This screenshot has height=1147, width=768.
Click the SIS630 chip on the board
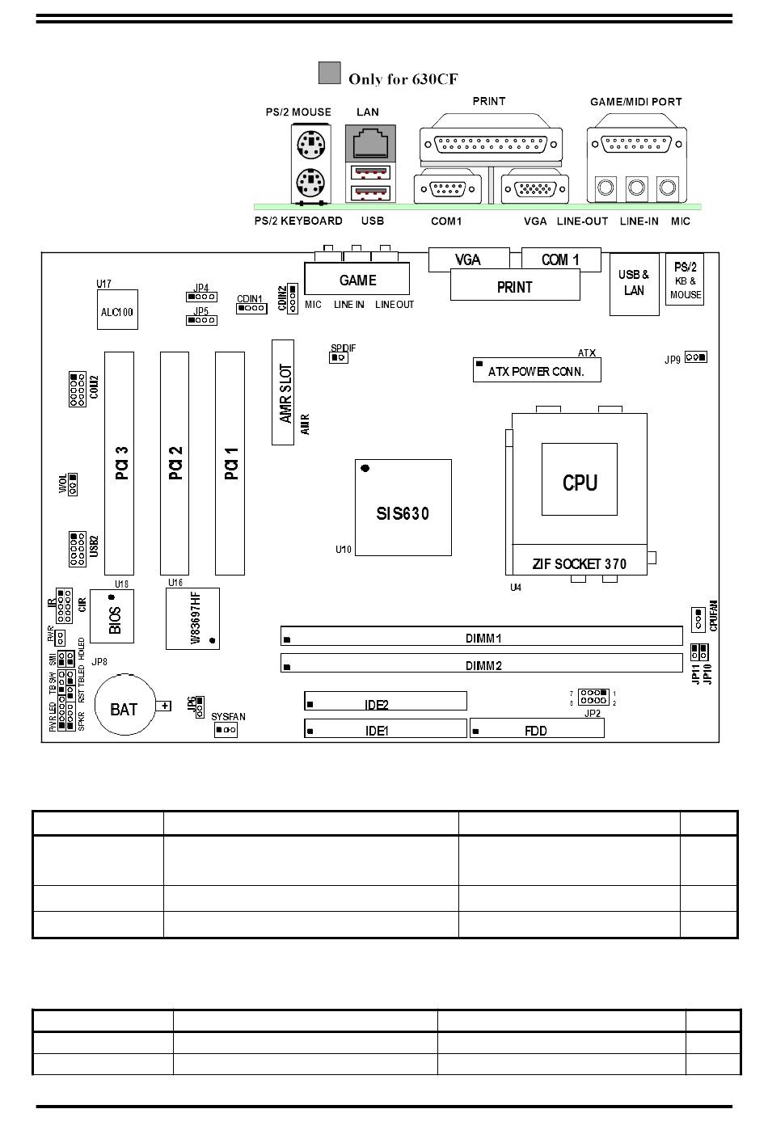(403, 508)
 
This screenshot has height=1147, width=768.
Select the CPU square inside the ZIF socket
(580, 479)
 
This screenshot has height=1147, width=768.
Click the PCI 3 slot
(120, 462)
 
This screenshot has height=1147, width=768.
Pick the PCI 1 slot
(230, 462)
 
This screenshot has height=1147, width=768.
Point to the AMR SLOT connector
(283, 392)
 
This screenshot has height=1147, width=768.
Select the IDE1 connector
(386, 728)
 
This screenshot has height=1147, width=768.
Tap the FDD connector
(537, 727)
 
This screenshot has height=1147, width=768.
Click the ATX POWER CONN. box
(537, 370)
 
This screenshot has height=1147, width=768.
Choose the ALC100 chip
(116, 310)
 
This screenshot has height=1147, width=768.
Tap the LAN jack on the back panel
(369, 142)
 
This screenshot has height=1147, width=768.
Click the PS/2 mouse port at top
(310, 145)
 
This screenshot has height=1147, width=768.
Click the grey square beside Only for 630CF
(329, 73)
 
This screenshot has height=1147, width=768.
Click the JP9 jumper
(695, 356)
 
